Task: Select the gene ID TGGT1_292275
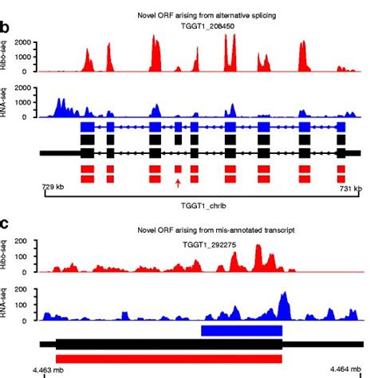[189, 238]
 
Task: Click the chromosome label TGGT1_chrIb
[194, 204]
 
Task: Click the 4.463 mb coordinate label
[45, 369]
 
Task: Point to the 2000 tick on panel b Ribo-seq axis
[25, 41]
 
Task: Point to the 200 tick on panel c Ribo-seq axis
[26, 241]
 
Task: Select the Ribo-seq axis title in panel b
[6, 54]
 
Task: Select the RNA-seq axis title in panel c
[6, 305]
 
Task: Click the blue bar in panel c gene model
[242, 330]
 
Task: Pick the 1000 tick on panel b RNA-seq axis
[25, 102]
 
